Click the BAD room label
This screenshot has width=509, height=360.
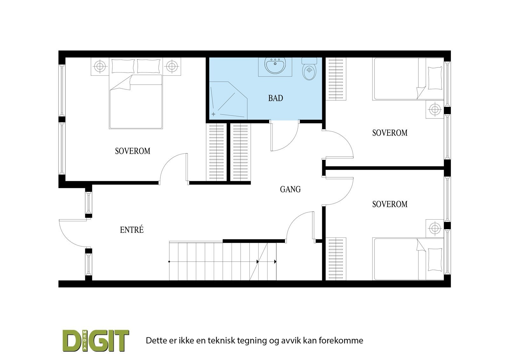coord(275,98)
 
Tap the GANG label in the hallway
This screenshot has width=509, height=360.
coord(290,189)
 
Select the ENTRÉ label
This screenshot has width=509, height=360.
coord(132,229)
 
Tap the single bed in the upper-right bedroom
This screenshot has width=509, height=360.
coord(408,79)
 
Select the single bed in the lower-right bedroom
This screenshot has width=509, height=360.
coord(408,259)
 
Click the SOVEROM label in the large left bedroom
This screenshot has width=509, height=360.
coord(132,151)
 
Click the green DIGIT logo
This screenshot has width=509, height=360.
coord(95,341)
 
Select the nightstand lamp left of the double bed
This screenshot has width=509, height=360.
coord(100,67)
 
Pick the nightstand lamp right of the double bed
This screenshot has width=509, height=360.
coord(172,67)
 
